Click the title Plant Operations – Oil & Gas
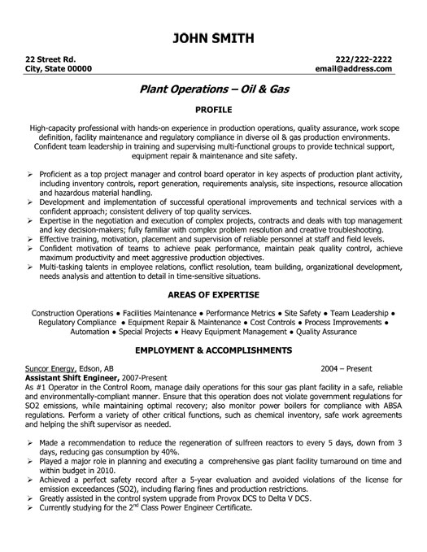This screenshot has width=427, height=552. (213, 91)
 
